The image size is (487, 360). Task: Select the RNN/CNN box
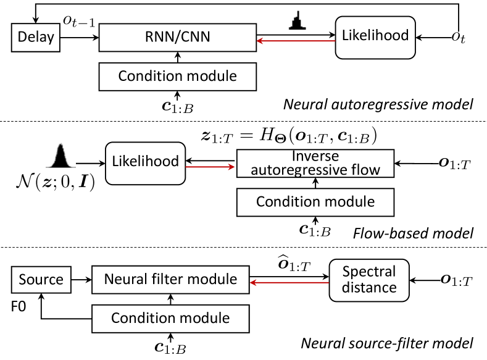pyautogui.click(x=177, y=38)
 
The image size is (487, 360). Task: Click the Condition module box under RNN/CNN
pyautogui.click(x=177, y=77)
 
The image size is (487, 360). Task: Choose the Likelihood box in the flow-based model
pyautogui.click(x=146, y=162)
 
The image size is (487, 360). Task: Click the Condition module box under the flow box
pyautogui.click(x=315, y=202)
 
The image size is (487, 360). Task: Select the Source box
pyautogui.click(x=40, y=279)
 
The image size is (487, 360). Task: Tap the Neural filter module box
pyautogui.click(x=170, y=279)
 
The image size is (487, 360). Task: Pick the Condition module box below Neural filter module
pyautogui.click(x=170, y=318)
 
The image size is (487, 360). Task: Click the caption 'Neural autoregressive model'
pyautogui.click(x=378, y=104)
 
